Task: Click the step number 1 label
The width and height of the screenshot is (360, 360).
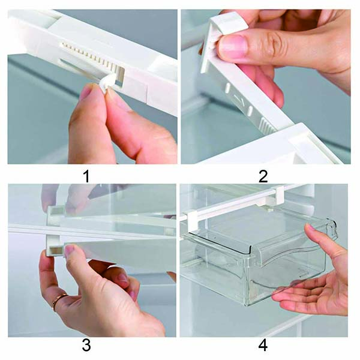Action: coord(86,176)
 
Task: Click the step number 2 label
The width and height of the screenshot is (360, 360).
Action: coord(263,176)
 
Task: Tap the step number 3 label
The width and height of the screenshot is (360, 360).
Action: coord(86,345)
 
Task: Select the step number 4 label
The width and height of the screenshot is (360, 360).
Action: coord(263,345)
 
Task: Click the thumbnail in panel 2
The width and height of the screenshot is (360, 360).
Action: coord(232,47)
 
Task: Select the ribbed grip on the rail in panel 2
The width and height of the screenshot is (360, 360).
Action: coord(268,125)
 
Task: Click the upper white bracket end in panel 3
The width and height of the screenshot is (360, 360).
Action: coord(55,215)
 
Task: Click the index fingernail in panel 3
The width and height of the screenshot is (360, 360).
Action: coord(70,250)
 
